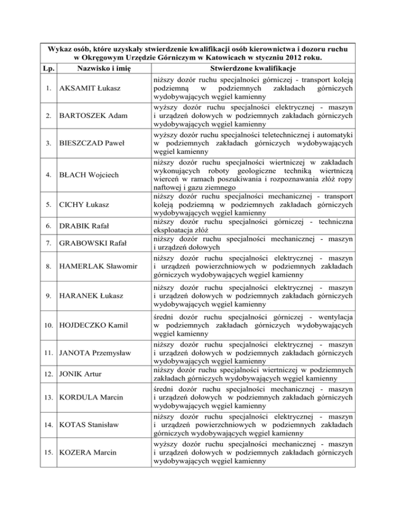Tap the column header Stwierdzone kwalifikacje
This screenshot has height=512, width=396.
pos(253,68)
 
